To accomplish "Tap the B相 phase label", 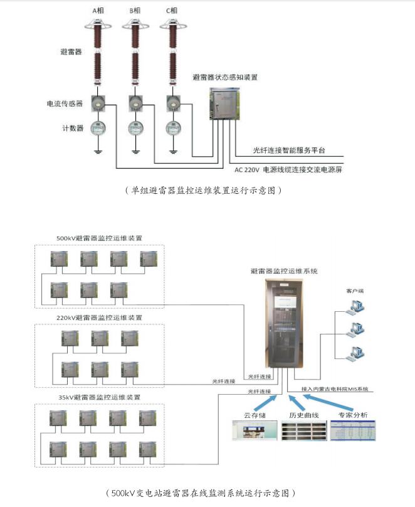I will pos(135,11).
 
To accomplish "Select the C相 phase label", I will pos(171,11).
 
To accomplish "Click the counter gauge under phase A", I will pos(98,127).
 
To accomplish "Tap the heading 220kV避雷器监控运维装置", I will pos(99,318).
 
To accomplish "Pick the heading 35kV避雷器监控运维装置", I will pos(99,397).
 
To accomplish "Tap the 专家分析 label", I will pos(353,415).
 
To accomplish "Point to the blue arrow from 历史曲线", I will pos(293,400).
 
